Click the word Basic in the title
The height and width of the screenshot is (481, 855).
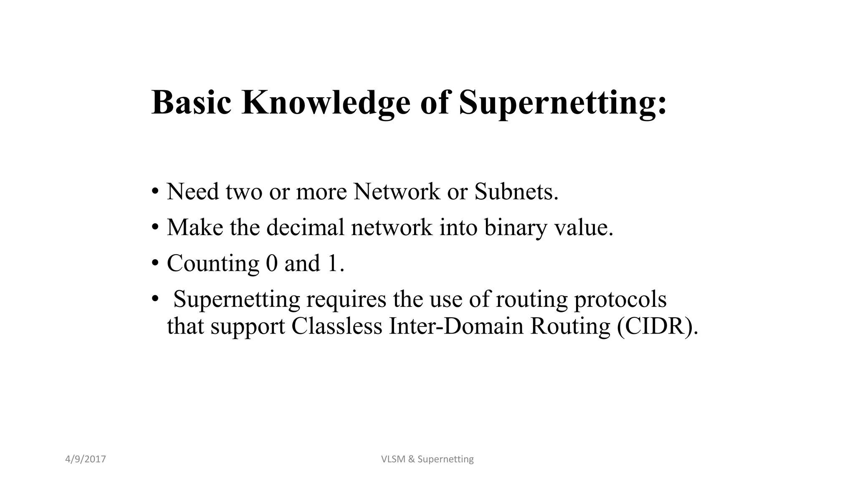191,102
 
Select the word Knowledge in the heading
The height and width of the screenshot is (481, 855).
326,103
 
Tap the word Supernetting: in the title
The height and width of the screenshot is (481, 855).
563,103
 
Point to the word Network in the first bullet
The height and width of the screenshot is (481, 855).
397,192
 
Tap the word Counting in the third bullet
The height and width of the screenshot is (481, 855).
213,264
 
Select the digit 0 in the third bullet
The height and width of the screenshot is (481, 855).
271,263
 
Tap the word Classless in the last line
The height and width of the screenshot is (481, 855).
336,326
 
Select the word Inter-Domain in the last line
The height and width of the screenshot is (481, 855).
456,326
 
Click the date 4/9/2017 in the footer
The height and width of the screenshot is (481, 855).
86,459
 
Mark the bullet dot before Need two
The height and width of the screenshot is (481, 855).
155,192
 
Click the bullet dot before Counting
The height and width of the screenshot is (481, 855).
155,263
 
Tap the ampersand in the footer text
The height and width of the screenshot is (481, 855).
411,459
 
